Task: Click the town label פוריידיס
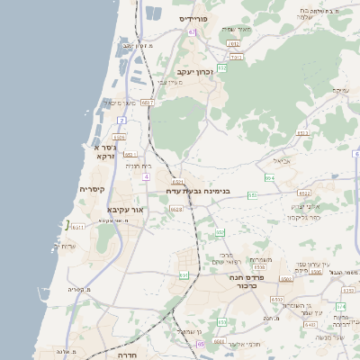(193, 18)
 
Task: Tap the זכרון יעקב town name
(194, 70)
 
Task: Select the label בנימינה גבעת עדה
(199, 191)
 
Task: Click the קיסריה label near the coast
(93, 189)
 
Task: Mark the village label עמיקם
(340, 91)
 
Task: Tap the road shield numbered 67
(192, 31)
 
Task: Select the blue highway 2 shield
(121, 119)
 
